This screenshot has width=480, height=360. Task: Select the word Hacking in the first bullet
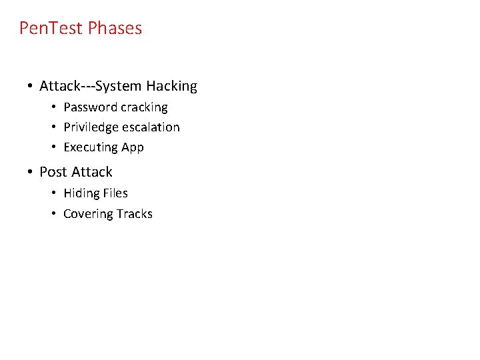(171, 86)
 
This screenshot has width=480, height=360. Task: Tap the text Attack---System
(91, 86)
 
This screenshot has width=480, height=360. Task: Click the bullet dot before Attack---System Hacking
(31, 86)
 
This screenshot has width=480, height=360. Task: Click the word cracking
(145, 107)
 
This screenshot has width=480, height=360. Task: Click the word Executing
(90, 147)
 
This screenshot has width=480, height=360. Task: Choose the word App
(132, 147)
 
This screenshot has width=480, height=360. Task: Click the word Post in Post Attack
(53, 172)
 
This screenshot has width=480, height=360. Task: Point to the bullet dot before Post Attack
(31, 172)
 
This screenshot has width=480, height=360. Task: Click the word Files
(115, 193)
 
